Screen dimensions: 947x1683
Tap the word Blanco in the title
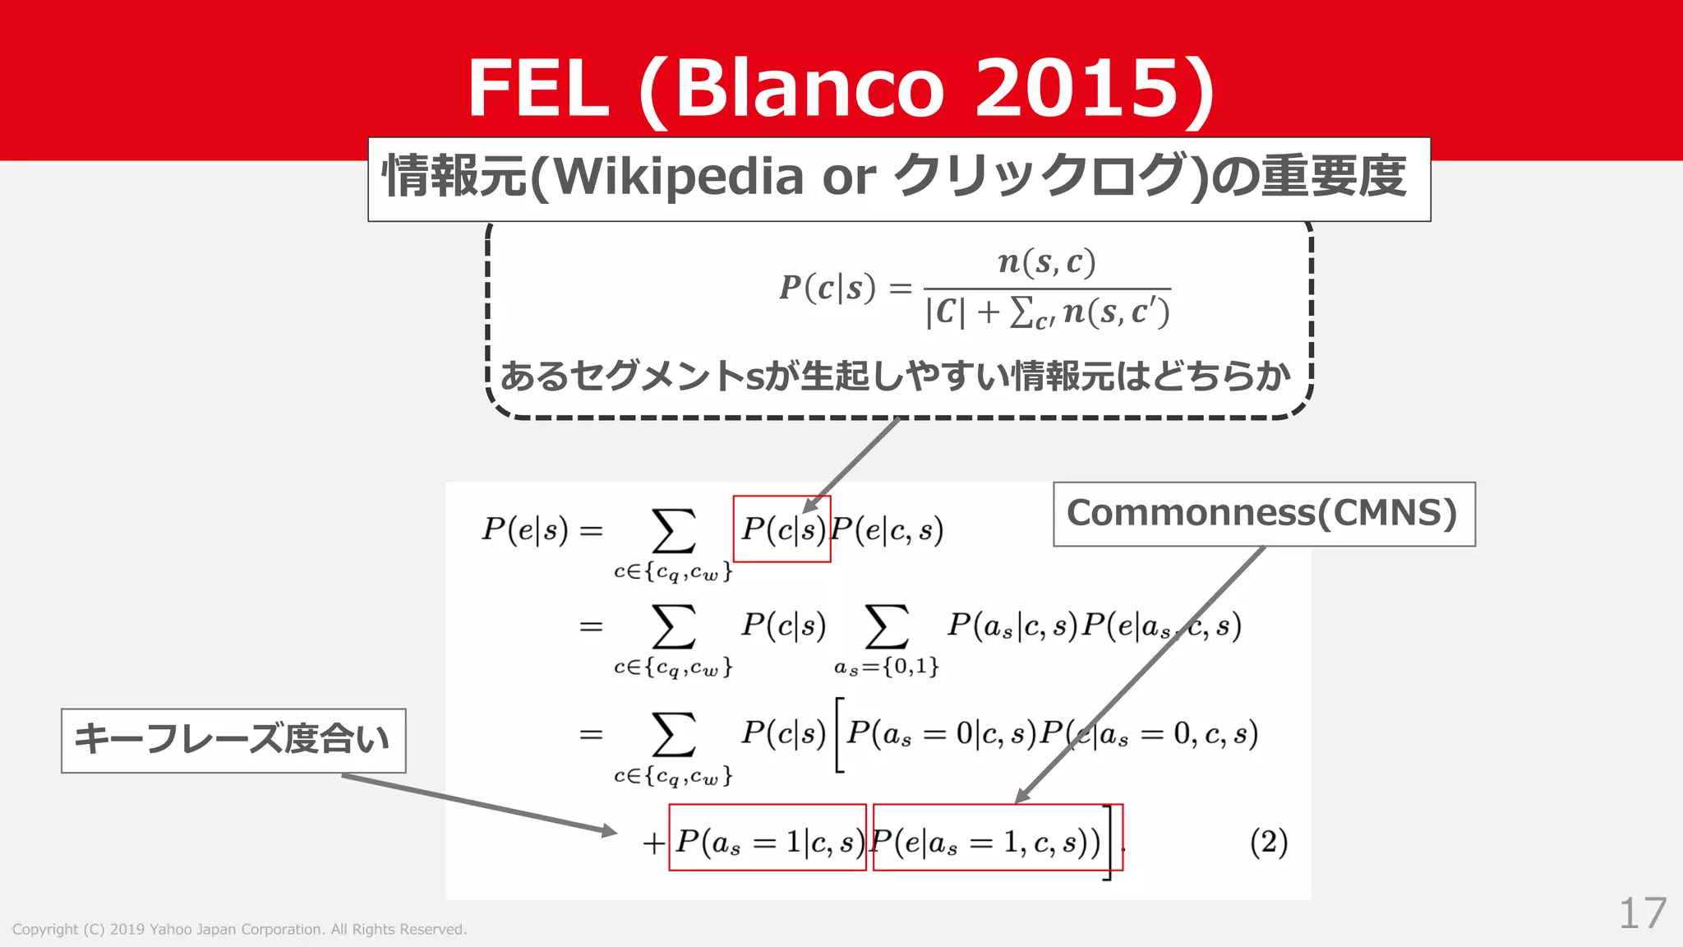(x=809, y=88)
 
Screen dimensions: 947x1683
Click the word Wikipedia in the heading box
(x=679, y=176)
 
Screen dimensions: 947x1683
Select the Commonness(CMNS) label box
(x=1263, y=514)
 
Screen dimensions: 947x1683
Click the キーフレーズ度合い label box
(x=233, y=740)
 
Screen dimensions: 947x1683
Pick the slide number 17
(x=1642, y=912)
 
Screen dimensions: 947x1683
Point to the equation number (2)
(x=1268, y=843)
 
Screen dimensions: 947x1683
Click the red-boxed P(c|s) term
(x=782, y=529)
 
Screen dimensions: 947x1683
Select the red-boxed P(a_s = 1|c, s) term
(x=768, y=838)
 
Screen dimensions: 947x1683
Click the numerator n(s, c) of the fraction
(x=1046, y=262)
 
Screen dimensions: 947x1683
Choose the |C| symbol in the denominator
(x=945, y=313)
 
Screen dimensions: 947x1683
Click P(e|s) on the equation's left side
(x=525, y=530)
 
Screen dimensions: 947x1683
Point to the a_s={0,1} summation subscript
(x=886, y=666)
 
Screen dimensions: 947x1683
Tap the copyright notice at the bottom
(x=239, y=930)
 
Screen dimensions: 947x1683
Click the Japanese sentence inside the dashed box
(x=896, y=377)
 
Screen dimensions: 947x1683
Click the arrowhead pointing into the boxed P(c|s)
(x=811, y=505)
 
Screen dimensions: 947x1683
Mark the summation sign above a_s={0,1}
(x=886, y=626)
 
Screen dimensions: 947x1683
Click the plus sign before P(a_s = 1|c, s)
(x=653, y=843)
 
